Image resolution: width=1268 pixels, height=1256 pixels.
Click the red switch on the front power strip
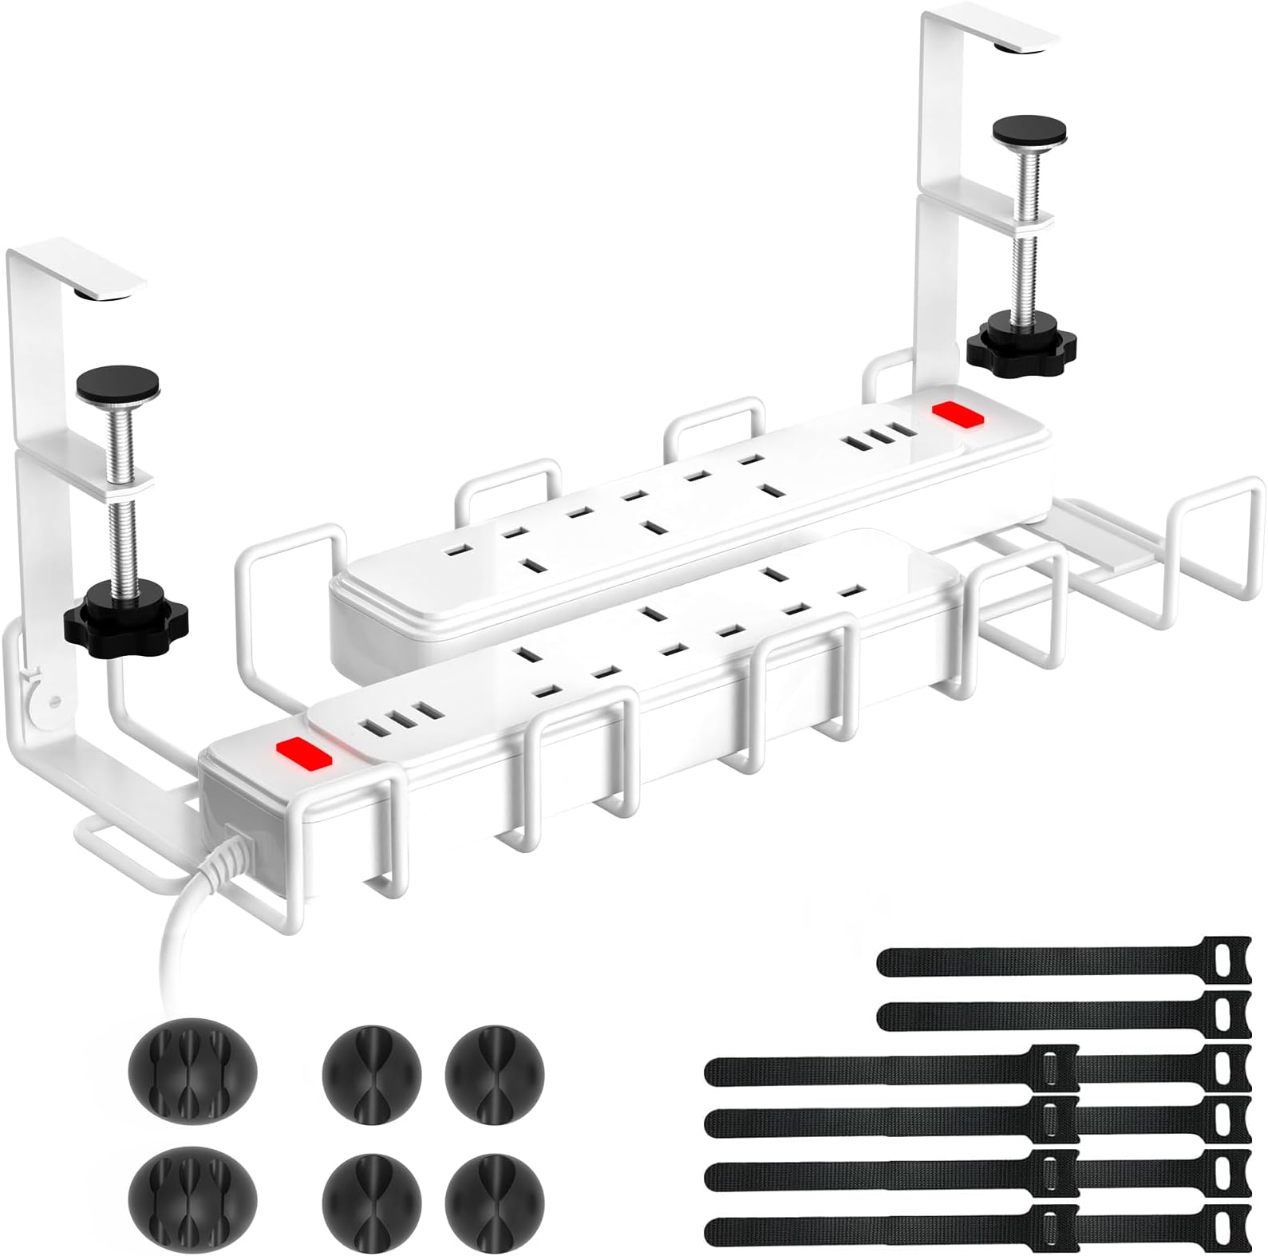pos(302,752)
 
